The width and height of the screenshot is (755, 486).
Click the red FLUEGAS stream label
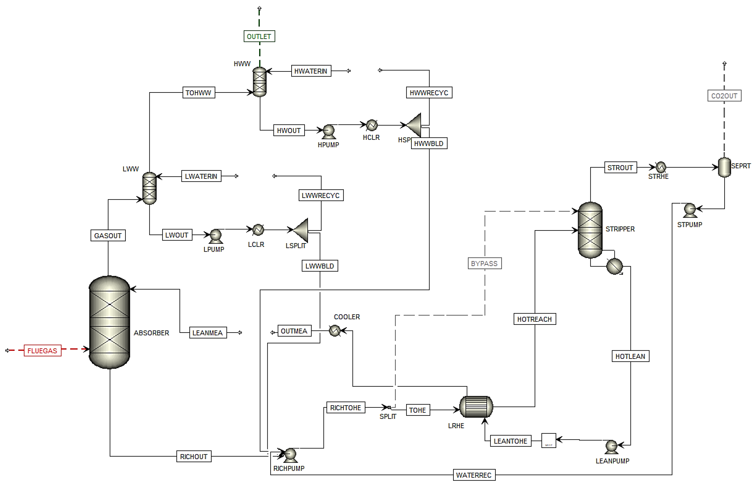(x=43, y=351)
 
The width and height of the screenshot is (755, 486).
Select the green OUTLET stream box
(x=259, y=36)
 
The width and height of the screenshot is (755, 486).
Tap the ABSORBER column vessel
(x=109, y=322)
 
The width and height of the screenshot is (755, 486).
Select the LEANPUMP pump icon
(x=611, y=447)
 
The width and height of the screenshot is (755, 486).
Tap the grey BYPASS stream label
(x=484, y=263)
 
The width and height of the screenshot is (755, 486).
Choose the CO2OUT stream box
(x=724, y=96)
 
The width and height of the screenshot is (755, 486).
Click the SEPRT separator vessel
(x=724, y=167)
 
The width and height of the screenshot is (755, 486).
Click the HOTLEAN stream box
(x=630, y=356)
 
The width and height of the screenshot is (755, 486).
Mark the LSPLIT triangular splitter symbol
(x=301, y=230)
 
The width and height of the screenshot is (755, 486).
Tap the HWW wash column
(x=260, y=82)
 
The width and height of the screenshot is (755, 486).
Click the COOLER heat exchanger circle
(x=334, y=331)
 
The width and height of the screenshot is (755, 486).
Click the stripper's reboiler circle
(x=614, y=266)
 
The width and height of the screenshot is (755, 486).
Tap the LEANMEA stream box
(x=208, y=333)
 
